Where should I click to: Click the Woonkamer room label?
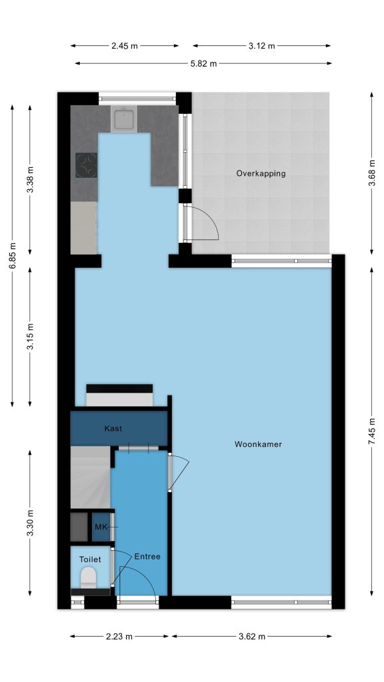point(258,444)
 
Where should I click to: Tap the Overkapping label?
point(261,174)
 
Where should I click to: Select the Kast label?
point(113,428)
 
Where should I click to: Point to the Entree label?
point(147,556)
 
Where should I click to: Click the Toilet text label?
point(90,559)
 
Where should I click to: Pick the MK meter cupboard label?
point(101,527)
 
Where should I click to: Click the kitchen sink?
point(123,119)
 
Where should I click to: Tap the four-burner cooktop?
point(86,165)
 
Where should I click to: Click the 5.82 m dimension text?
point(204,63)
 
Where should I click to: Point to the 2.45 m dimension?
point(125,46)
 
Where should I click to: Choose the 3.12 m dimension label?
point(261,46)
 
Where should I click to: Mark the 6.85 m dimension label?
point(12,256)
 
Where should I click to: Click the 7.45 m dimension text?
point(371,431)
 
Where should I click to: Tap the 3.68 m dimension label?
point(371,173)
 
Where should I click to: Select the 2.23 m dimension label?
point(119,636)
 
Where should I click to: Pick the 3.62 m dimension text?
point(251,636)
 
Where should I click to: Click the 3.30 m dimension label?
point(30,523)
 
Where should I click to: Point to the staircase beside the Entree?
point(90,477)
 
